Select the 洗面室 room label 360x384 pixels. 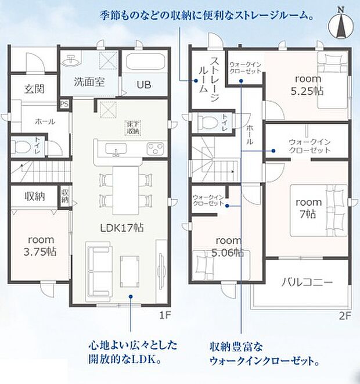click(89, 82)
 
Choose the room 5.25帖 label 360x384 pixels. click(309, 85)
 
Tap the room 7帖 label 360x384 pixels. click(308, 208)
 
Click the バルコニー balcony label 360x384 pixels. click(307, 283)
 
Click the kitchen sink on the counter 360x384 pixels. click(116, 153)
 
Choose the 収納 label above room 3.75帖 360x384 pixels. click(35, 196)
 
